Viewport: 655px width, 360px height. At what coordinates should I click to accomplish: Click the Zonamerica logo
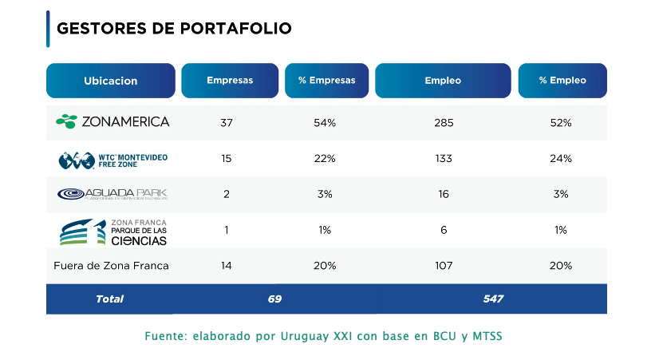(112, 122)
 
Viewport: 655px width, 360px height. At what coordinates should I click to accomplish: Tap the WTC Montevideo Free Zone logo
(112, 159)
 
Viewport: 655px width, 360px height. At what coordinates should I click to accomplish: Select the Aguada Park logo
(112, 194)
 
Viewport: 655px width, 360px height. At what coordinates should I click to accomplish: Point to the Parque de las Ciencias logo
(112, 231)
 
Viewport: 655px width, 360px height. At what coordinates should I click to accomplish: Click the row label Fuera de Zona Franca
(111, 266)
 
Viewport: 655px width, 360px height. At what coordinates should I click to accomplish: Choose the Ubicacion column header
(111, 81)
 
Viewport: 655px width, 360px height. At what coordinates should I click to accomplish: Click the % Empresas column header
(327, 81)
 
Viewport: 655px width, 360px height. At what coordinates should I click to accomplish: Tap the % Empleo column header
(562, 81)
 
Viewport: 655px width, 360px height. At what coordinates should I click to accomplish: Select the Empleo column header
(443, 81)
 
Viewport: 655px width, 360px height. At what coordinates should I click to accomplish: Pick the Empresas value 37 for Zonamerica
(227, 123)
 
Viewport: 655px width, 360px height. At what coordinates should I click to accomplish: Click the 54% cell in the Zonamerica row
(325, 123)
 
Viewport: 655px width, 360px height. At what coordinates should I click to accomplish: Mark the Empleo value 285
(444, 123)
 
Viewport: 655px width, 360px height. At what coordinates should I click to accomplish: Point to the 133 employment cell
(444, 159)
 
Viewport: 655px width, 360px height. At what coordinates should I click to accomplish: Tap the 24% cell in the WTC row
(562, 159)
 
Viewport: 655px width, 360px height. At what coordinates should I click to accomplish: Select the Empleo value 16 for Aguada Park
(444, 194)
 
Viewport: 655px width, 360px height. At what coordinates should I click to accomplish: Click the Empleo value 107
(444, 266)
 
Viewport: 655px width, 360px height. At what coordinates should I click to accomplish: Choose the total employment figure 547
(493, 299)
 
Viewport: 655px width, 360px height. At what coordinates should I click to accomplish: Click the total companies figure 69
(275, 299)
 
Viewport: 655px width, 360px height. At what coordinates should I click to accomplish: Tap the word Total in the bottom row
(110, 299)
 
